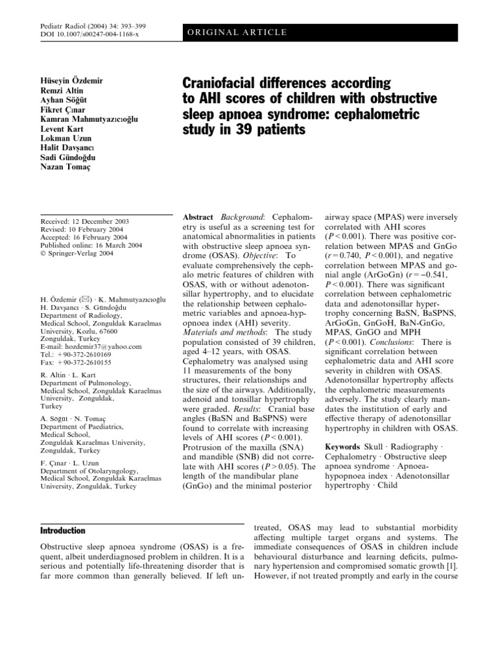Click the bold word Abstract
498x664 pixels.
point(198,217)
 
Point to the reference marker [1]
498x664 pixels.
point(455,565)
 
